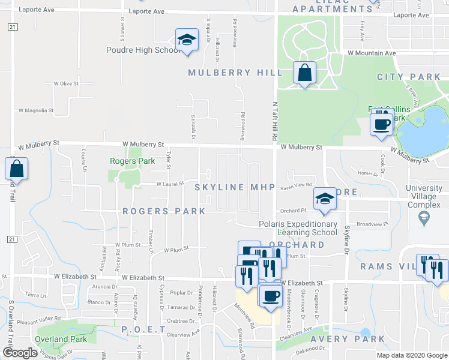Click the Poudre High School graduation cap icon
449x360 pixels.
tap(187, 41)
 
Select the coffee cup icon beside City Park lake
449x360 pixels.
tap(382, 125)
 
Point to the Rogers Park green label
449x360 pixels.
tap(132, 161)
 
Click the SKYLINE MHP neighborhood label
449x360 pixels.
tap(235, 188)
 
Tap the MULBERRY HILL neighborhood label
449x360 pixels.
tap(235, 73)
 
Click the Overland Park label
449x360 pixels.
tap(61, 339)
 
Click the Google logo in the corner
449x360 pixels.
tap(20, 353)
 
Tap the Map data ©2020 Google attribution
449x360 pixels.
tap(411, 355)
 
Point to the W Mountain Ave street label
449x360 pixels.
tap(372, 53)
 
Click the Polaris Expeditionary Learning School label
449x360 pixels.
tap(298, 229)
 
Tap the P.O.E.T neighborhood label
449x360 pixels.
tap(143, 329)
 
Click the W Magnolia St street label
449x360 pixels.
tap(35, 110)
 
